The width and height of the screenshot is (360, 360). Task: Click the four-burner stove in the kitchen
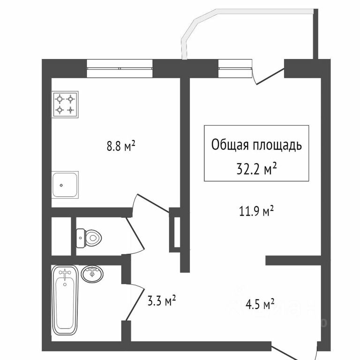(65, 104)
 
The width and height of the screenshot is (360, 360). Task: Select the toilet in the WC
(89, 238)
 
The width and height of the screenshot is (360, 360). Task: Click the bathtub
(65, 300)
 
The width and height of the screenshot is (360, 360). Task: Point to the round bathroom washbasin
(92, 274)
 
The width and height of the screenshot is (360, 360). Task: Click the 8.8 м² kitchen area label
(121, 147)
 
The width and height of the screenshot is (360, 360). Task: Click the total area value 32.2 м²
(256, 168)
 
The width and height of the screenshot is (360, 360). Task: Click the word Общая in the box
(229, 145)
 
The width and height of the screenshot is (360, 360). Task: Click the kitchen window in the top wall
(120, 68)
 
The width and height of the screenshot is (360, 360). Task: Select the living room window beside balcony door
(234, 68)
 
